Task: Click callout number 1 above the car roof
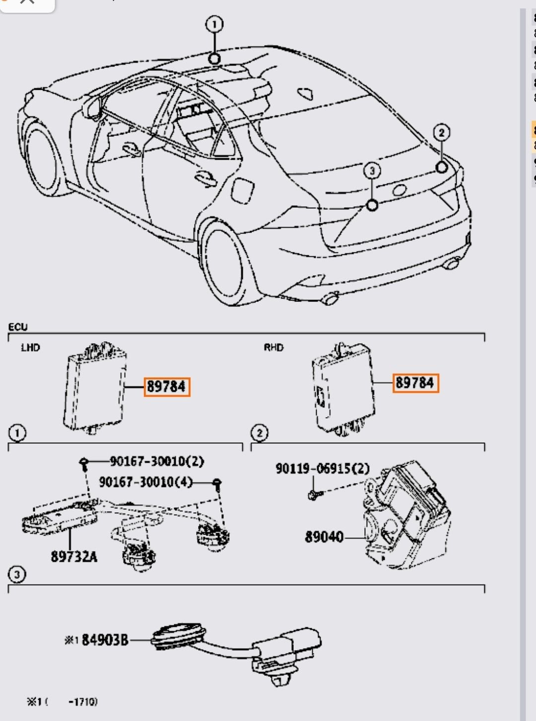click(214, 24)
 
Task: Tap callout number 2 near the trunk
click(441, 132)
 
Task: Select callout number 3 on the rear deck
click(372, 171)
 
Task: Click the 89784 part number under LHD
click(167, 386)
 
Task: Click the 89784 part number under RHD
click(415, 383)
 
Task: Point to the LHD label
click(30, 348)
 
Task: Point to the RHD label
click(273, 348)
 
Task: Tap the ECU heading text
click(18, 327)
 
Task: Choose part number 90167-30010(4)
click(145, 482)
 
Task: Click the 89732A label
click(74, 556)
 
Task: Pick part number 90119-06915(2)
click(323, 469)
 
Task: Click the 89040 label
click(324, 537)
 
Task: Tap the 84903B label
click(105, 640)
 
